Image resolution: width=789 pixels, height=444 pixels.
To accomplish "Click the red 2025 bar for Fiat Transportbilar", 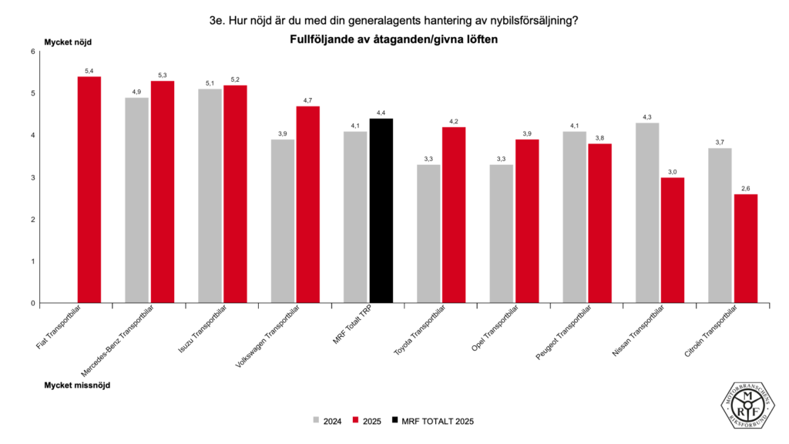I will click(89, 190).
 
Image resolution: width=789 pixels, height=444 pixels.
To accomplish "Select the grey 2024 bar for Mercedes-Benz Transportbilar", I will click(136, 200).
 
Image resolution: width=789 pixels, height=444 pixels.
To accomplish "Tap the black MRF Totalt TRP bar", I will click(381, 210).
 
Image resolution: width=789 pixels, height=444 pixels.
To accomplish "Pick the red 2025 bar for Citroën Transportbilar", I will click(746, 248).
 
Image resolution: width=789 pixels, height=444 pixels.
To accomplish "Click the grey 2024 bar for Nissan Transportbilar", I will click(647, 213).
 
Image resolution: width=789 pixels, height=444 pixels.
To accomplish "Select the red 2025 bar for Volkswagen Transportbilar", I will click(308, 204).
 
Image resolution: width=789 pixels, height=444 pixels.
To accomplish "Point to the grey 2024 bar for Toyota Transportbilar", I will click(428, 234).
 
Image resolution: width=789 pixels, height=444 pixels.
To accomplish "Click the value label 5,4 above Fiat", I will click(89, 71).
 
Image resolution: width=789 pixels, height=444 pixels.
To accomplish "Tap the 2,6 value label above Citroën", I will click(746, 188).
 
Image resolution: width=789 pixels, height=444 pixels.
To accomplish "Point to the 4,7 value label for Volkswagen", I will click(308, 100).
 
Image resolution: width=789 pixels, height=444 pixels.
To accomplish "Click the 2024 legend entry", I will click(327, 421).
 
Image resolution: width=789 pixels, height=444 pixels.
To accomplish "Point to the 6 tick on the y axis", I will click(33, 52).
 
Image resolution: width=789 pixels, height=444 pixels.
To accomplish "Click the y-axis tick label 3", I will click(33, 177).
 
